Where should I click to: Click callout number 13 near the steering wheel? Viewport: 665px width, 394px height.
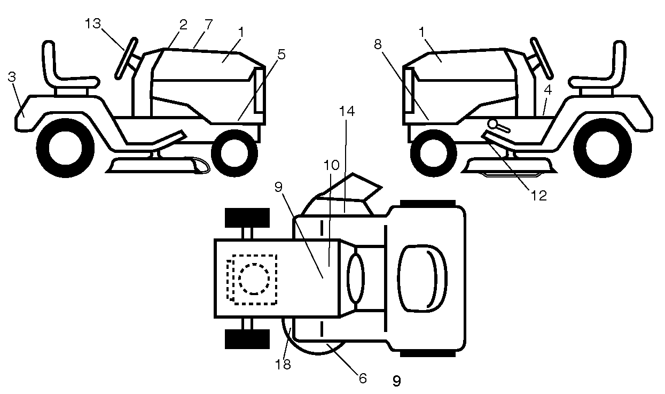pyautogui.click(x=93, y=24)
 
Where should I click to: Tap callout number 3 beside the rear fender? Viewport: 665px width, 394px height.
pyautogui.click(x=12, y=77)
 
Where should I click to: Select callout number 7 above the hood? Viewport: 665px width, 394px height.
pyautogui.click(x=208, y=25)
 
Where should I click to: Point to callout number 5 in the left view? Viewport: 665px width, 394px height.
pyautogui.click(x=281, y=55)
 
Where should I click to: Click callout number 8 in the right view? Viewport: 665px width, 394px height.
pyautogui.click(x=378, y=44)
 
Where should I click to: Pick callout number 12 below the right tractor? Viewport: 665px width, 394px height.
pyautogui.click(x=539, y=196)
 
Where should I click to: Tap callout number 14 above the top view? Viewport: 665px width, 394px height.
pyautogui.click(x=347, y=111)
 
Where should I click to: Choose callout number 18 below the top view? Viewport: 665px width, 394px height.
pyautogui.click(x=283, y=364)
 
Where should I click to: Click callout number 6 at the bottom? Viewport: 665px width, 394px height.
pyautogui.click(x=363, y=378)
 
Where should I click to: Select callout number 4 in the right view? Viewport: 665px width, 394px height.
pyautogui.click(x=547, y=90)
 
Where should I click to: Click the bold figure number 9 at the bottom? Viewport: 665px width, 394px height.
pyautogui.click(x=397, y=381)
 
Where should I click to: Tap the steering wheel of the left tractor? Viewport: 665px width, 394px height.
pyautogui.click(x=126, y=58)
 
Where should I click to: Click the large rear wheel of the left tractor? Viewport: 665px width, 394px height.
pyautogui.click(x=65, y=148)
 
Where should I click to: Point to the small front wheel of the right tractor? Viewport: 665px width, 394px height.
pyautogui.click(x=433, y=153)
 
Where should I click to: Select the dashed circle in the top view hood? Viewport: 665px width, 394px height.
pyautogui.click(x=254, y=279)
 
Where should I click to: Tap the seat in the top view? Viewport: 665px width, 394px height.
pyautogui.click(x=422, y=279)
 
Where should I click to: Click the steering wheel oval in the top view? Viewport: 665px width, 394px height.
pyautogui.click(x=356, y=278)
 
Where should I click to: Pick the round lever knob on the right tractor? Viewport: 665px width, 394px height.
pyautogui.click(x=492, y=123)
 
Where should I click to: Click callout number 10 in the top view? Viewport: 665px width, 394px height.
pyautogui.click(x=331, y=165)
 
